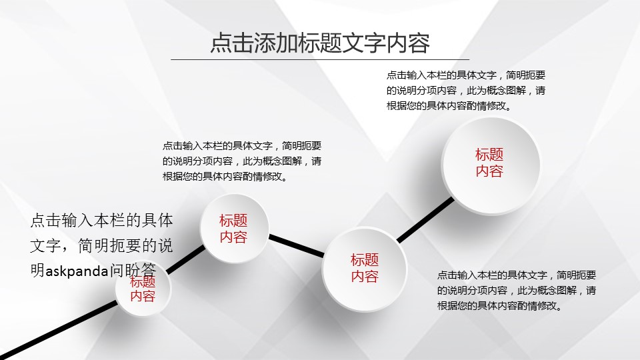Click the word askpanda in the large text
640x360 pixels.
pyautogui.click(x=77, y=271)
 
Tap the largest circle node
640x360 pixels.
pyautogui.click(x=491, y=166)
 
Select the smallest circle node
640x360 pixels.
pyautogui.click(x=143, y=289)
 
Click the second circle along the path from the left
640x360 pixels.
pyautogui.click(x=234, y=229)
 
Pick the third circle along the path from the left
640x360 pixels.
pyautogui.click(x=365, y=269)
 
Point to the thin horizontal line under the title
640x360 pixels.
pyautogui.click(x=320, y=59)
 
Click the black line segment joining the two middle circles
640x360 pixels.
pyautogui.click(x=297, y=246)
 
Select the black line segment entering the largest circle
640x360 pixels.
pyautogui.click(x=425, y=219)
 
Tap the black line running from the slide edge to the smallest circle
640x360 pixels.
pyautogui.click(x=59, y=330)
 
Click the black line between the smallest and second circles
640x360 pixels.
pyautogui.click(x=186, y=259)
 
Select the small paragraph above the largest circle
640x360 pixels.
pyautogui.click(x=466, y=91)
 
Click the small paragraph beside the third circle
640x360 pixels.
pyautogui.click(x=516, y=290)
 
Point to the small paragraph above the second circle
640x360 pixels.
pyautogui.click(x=241, y=161)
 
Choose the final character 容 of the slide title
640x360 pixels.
pyautogui.click(x=419, y=43)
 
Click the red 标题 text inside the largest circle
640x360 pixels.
pyautogui.click(x=489, y=155)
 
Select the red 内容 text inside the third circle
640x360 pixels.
pyautogui.click(x=365, y=276)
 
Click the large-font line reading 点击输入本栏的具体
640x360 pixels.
pyautogui.click(x=101, y=221)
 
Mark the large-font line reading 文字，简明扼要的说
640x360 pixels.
pyautogui.click(x=101, y=246)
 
